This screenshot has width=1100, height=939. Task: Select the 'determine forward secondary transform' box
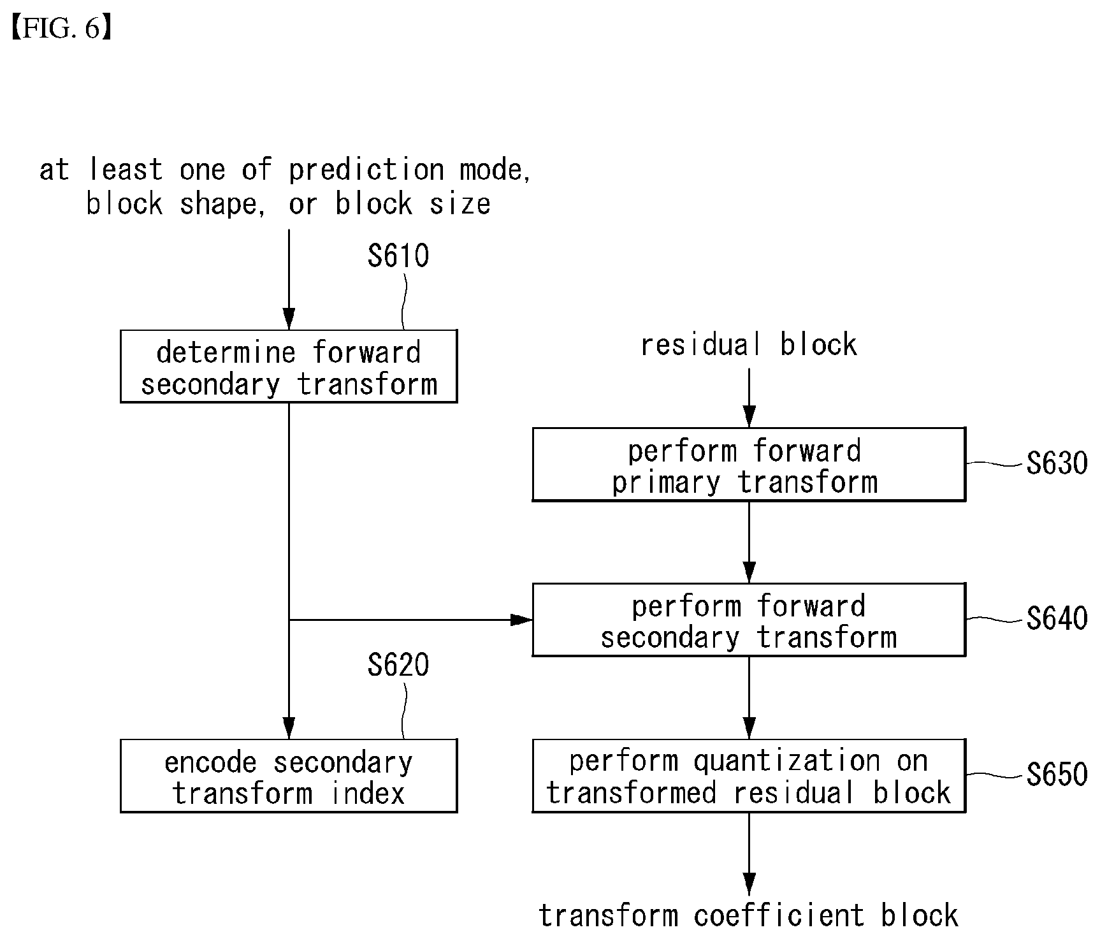289,366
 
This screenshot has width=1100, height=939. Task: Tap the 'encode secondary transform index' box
289,776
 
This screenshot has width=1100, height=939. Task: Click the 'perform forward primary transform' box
749,464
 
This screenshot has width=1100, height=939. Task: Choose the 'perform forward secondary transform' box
749,620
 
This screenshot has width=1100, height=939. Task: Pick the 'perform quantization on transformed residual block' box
749,776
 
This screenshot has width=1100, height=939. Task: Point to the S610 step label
398,256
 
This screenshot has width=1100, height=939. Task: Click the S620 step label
398,666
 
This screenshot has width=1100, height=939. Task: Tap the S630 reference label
1057,463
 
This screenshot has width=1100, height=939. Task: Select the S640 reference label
1057,619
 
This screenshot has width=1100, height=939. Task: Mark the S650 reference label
1057,775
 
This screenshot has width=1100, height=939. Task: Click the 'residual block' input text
749,345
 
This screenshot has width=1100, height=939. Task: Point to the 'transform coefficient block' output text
749,915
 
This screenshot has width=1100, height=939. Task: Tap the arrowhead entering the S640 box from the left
522,620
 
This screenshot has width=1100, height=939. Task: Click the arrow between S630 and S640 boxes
749,542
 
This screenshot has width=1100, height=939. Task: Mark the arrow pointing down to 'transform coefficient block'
749,854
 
